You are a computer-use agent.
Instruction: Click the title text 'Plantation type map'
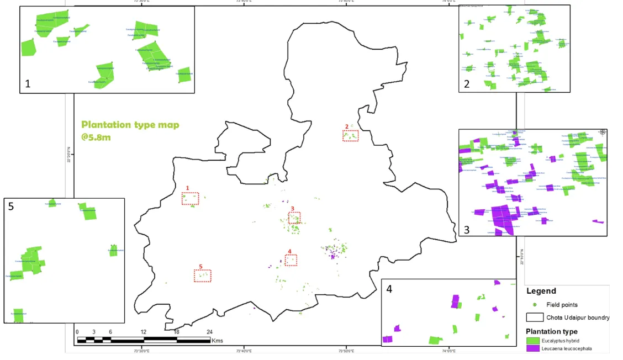(x=130, y=125)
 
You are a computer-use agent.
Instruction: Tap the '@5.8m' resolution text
(x=96, y=136)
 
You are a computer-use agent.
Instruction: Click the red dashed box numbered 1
(x=190, y=199)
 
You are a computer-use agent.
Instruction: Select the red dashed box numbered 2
(x=350, y=135)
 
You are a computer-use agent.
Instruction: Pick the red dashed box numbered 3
(x=294, y=218)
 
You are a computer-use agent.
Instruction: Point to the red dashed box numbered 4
(x=291, y=260)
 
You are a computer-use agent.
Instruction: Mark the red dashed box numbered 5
(x=202, y=275)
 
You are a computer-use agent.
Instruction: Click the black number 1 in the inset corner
(x=28, y=84)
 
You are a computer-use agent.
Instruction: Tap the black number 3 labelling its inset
(x=467, y=229)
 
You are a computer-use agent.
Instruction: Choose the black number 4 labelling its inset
(x=389, y=288)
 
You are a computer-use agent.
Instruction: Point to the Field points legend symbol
(x=535, y=305)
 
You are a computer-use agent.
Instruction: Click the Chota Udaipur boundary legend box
(x=535, y=317)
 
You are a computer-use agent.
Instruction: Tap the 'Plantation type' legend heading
(x=552, y=331)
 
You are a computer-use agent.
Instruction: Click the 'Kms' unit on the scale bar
(x=217, y=340)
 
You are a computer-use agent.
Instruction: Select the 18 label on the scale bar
(x=177, y=332)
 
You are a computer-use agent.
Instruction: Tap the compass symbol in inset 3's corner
(x=602, y=133)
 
